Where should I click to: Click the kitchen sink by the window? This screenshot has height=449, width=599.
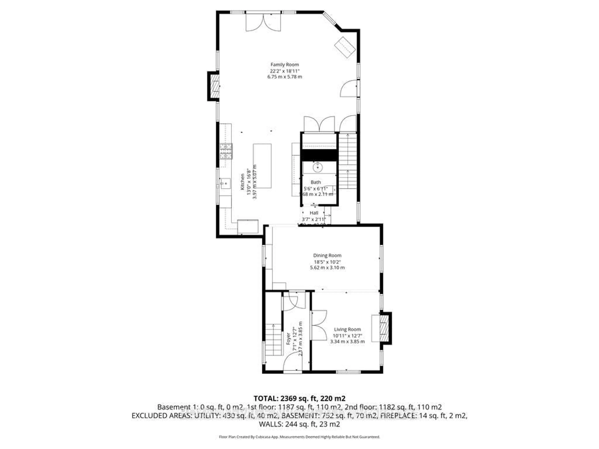click(225, 183)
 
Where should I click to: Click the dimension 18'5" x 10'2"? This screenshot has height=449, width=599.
click(327, 262)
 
